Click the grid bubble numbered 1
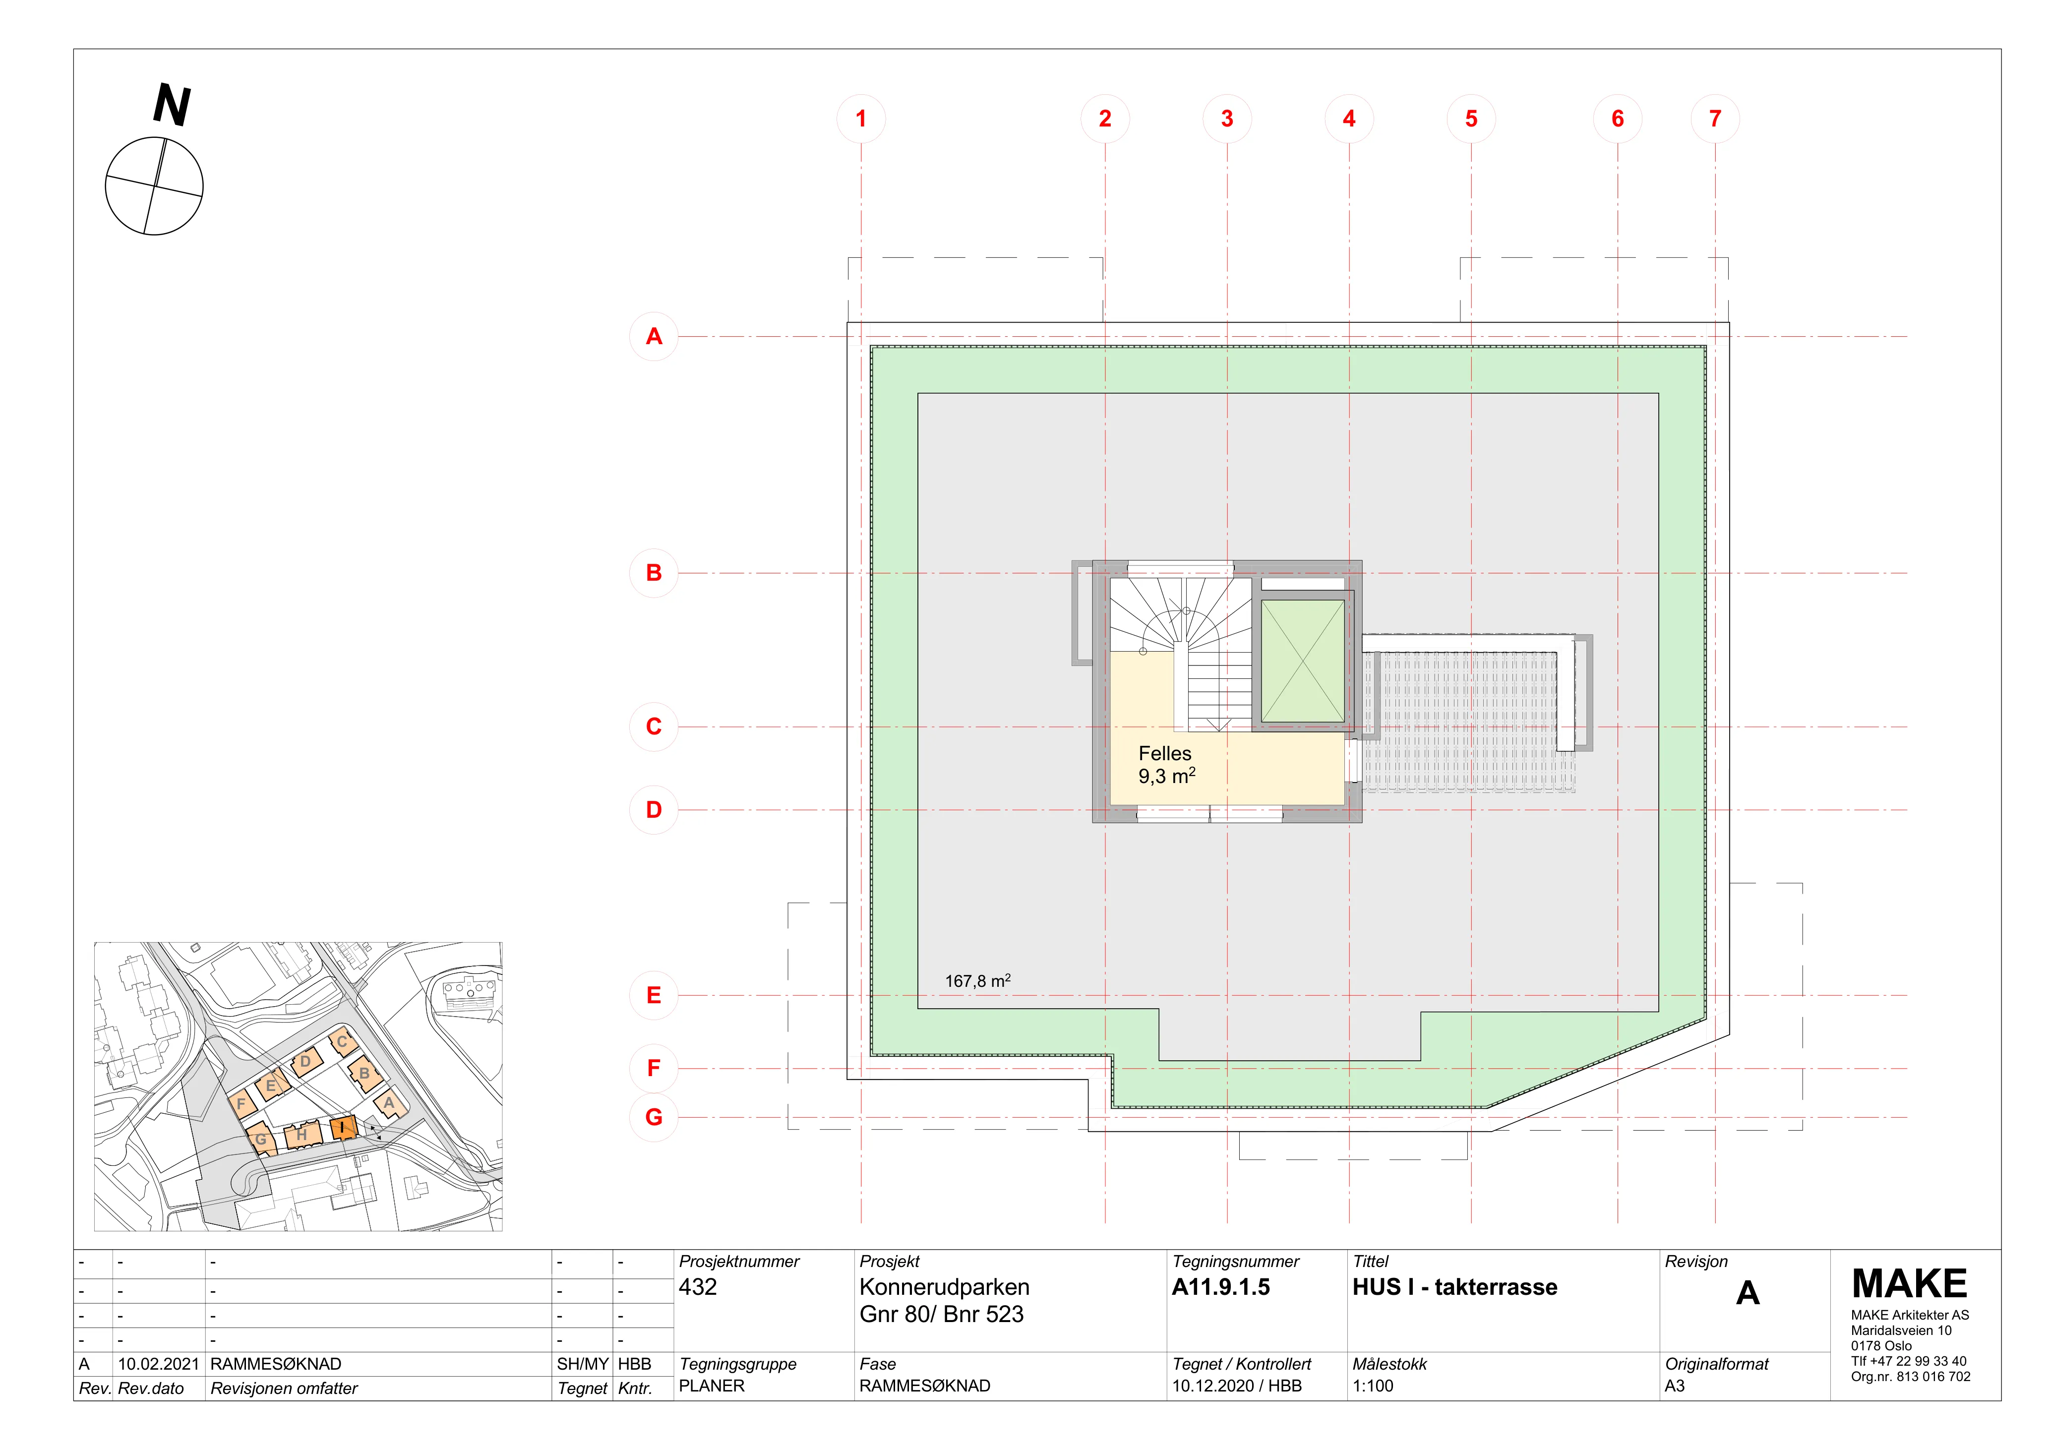tap(861, 119)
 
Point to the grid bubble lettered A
tap(654, 337)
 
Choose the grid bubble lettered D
tap(654, 810)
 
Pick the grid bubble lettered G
tap(654, 1117)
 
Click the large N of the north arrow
tap(172, 105)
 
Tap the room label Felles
tap(1164, 754)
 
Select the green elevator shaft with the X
tap(1303, 661)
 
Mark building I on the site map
tap(343, 1128)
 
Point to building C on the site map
tap(342, 1042)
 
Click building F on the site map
tap(241, 1103)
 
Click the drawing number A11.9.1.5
tap(1220, 1287)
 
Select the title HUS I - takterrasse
tap(1454, 1287)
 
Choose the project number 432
tap(697, 1287)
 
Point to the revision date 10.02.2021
tap(158, 1364)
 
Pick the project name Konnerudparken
tap(944, 1287)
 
